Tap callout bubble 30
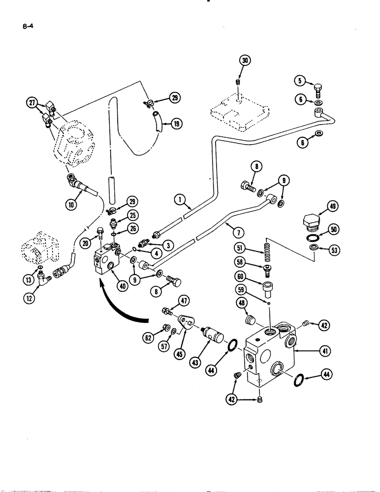(245, 61)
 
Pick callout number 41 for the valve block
(325, 351)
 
